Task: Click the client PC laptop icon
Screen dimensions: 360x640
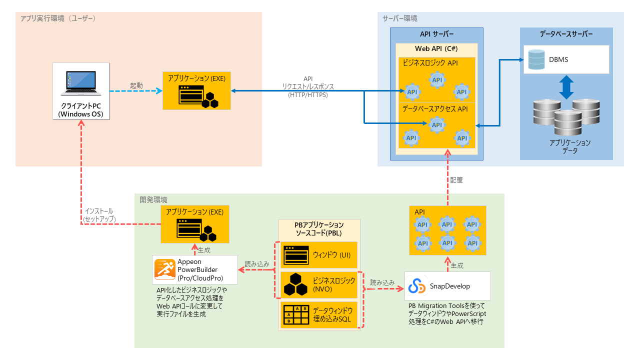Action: click(80, 83)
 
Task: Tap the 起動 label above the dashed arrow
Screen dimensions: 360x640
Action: click(136, 85)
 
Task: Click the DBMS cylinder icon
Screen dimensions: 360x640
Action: click(535, 59)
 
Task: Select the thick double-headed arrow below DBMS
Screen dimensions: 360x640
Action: click(566, 87)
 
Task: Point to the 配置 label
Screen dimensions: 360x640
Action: click(456, 180)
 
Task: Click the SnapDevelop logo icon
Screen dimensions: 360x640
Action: click(416, 286)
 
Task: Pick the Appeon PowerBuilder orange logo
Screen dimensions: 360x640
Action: click(164, 270)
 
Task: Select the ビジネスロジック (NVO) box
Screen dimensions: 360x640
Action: click(319, 284)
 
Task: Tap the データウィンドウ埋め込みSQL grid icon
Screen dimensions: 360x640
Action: click(295, 314)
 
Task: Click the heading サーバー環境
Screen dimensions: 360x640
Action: click(399, 18)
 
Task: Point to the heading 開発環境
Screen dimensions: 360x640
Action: click(153, 200)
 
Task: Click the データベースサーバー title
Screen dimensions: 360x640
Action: click(566, 34)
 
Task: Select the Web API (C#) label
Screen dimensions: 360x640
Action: click(436, 49)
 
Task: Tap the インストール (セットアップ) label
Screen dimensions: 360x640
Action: click(99, 215)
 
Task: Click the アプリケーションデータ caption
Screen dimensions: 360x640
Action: click(570, 146)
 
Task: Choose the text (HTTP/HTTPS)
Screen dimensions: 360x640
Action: click(308, 94)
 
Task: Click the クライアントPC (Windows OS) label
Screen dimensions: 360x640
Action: click(80, 110)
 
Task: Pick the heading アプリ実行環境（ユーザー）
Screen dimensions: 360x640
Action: click(57, 18)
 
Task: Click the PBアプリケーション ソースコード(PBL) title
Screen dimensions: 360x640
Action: click(319, 228)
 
